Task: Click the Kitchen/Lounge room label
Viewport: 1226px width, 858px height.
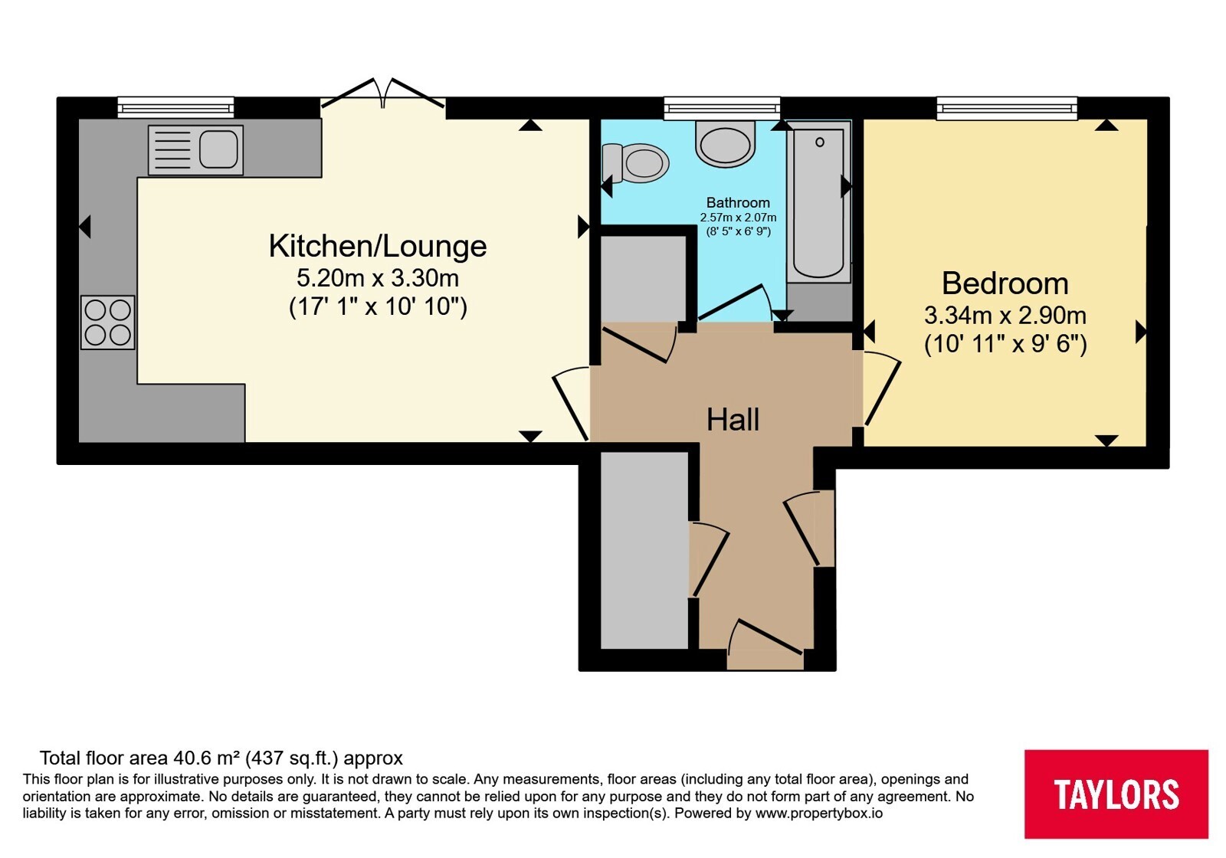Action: coord(378,246)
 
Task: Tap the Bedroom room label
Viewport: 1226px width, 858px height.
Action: coord(1005,283)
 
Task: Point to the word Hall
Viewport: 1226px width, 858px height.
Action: coord(733,420)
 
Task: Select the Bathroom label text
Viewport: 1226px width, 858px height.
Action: coord(738,202)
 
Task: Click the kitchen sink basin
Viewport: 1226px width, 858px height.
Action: coord(218,149)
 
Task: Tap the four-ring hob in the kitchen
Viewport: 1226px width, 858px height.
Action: coord(108,323)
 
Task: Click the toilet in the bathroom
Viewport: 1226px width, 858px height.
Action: coord(635,163)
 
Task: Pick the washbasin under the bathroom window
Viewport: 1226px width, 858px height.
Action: coord(725,143)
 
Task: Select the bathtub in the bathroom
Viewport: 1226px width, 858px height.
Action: coord(819,201)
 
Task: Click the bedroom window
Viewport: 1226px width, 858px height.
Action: coord(1007,108)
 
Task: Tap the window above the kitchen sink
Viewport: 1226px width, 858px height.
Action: coord(175,107)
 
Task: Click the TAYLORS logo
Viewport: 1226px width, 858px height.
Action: coord(1116,794)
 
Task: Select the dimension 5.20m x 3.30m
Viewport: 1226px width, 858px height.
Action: coord(378,279)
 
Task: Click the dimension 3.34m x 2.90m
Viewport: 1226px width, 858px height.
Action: coord(1005,316)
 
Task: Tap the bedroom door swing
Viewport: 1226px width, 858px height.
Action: coord(880,388)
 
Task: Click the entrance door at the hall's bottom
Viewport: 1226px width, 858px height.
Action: coord(765,638)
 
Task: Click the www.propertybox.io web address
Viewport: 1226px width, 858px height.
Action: coord(819,813)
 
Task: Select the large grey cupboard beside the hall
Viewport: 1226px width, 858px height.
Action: coord(644,550)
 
